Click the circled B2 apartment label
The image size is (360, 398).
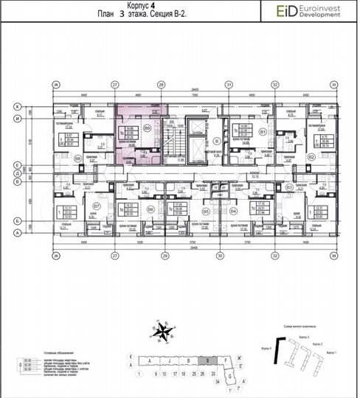tap(312, 157)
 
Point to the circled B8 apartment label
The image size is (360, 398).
tap(77, 158)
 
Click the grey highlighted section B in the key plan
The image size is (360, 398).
tap(210, 361)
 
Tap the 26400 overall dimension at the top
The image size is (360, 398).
tap(194, 88)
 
